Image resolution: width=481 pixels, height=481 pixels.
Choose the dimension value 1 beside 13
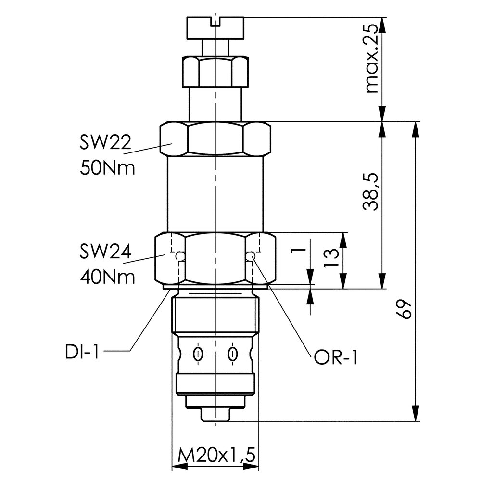point(299,251)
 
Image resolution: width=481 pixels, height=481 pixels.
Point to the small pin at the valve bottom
point(216,415)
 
